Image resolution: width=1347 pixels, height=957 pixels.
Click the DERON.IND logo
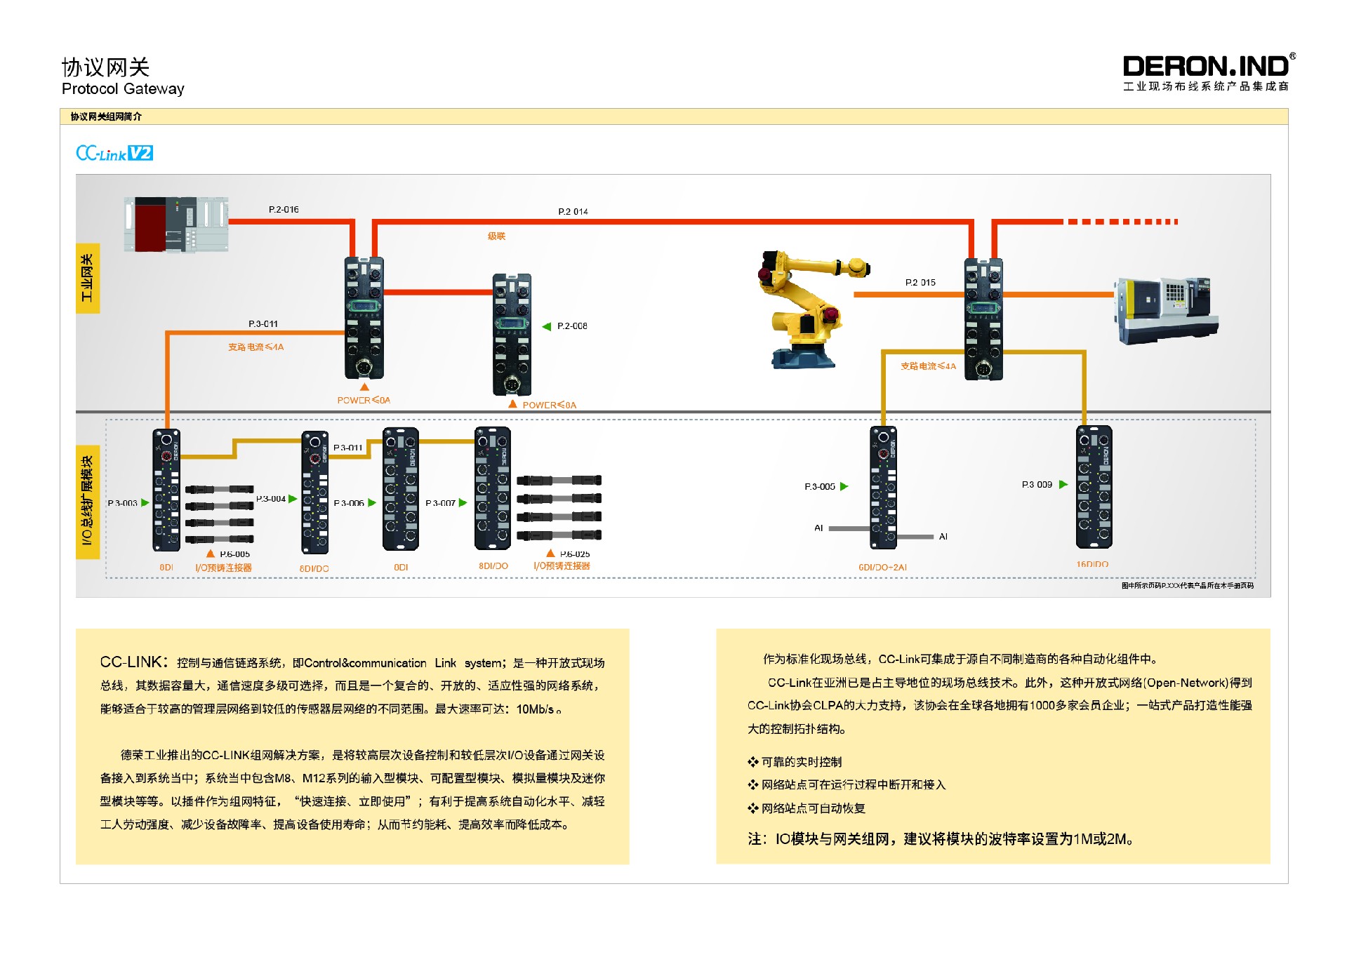tap(1207, 67)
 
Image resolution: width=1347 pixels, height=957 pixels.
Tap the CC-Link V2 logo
tap(114, 153)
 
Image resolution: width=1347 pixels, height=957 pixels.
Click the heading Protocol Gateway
tap(123, 89)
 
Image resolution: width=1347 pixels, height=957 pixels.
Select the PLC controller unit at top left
tap(176, 224)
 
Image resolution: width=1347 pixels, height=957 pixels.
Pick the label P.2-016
tap(284, 210)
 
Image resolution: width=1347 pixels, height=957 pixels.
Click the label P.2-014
tap(573, 212)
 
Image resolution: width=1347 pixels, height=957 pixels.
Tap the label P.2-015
tap(920, 283)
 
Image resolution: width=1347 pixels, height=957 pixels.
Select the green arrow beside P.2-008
tap(547, 326)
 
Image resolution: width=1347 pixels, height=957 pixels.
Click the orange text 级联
tap(496, 236)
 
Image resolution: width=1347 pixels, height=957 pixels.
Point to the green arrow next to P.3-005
tap(844, 486)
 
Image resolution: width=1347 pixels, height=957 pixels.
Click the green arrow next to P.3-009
tap(1063, 484)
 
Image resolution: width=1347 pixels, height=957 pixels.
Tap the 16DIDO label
tap(1092, 564)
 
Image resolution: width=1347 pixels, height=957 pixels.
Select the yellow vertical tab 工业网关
tap(88, 278)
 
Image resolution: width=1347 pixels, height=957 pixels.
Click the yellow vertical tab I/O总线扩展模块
tap(88, 501)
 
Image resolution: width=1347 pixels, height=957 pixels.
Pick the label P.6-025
tap(575, 554)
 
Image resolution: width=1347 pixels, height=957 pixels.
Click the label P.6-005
tap(234, 554)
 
